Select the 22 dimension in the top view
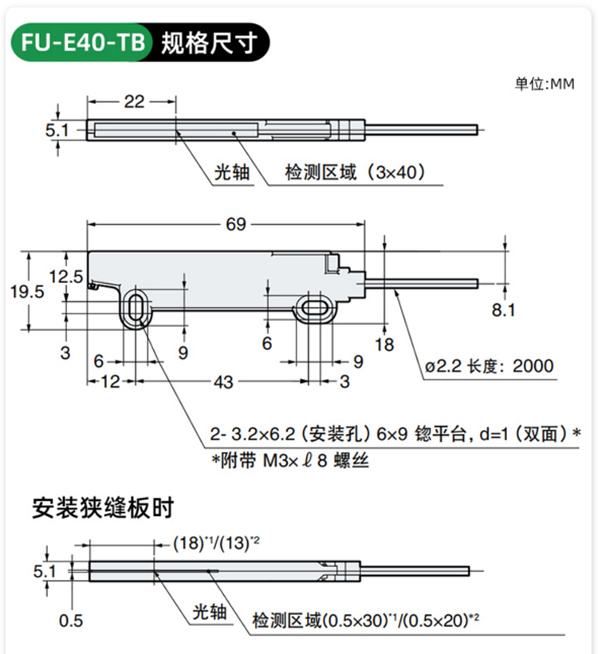134,100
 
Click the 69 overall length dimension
236,224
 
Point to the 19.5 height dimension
28,292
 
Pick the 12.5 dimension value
65,277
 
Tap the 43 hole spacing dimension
224,383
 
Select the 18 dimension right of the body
384,344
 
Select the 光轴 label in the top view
233,171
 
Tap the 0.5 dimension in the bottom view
71,621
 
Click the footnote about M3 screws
290,461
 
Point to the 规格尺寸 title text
209,42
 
